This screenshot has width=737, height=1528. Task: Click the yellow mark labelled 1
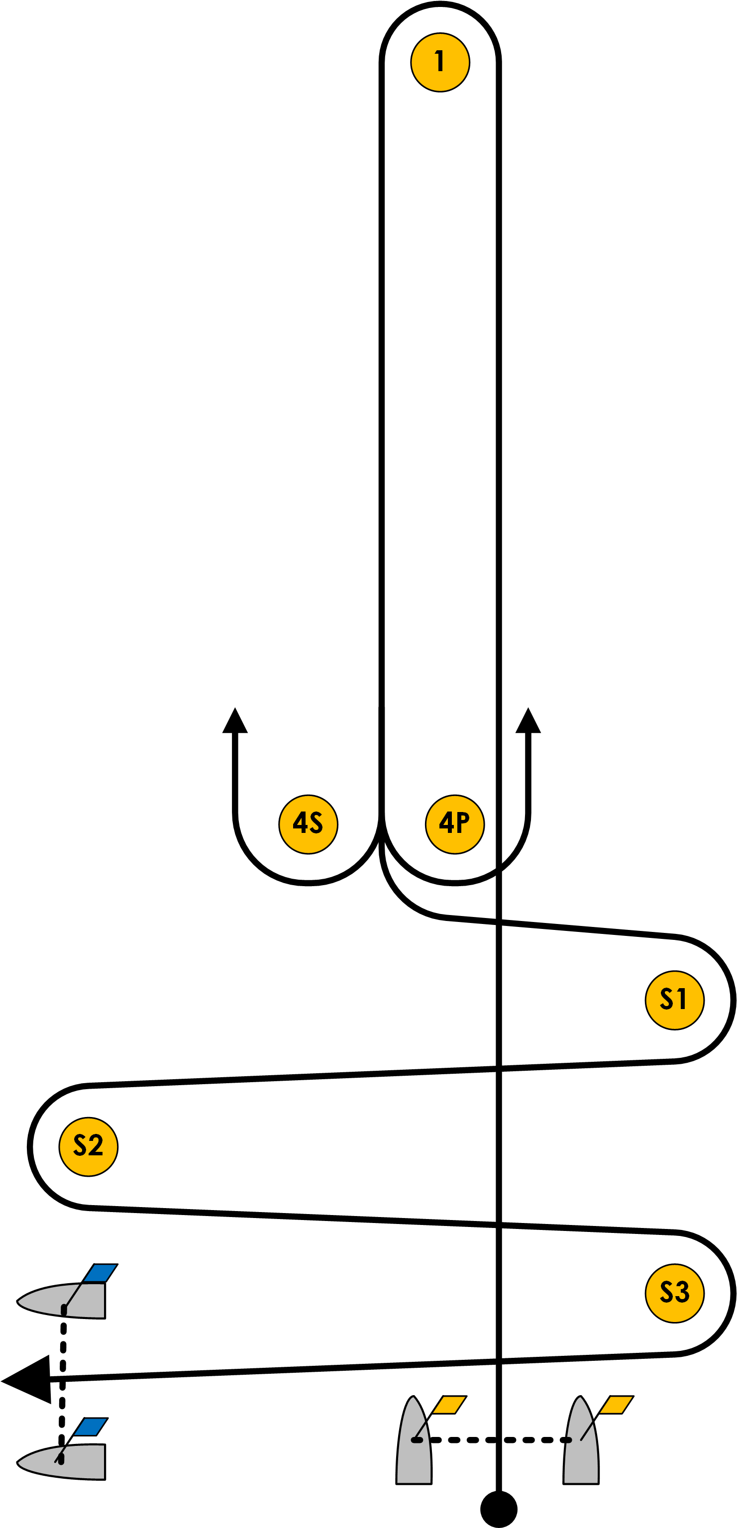coord(440,62)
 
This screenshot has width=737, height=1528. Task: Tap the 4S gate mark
coord(308,824)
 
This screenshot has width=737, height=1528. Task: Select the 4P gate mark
coord(454,824)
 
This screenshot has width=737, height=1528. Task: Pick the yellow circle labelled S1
coord(675,1000)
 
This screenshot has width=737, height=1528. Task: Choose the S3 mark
coord(675,1293)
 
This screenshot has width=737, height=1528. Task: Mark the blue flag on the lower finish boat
coord(91,1426)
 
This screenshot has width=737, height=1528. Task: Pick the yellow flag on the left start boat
coord(449,1405)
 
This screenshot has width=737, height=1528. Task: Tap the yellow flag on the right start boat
coord(617,1405)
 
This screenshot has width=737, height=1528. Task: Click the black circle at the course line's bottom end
coord(499,1509)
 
